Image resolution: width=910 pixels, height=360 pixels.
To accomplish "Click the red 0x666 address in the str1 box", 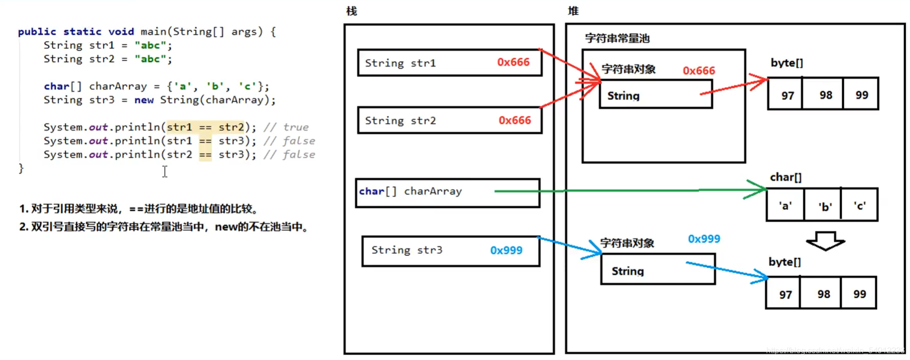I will [x=513, y=62].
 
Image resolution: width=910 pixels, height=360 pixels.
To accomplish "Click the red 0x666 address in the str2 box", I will [x=514, y=121].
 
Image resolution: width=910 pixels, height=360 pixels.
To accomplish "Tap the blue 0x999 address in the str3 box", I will [x=506, y=250].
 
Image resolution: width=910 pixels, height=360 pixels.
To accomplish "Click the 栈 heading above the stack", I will [x=351, y=11].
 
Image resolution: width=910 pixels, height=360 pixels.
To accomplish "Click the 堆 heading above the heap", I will [x=573, y=11].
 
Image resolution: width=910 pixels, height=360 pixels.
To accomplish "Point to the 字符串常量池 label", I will [x=617, y=38].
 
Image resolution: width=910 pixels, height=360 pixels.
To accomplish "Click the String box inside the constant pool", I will [x=656, y=95].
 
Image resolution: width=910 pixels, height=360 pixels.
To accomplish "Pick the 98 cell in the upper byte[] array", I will [x=825, y=95].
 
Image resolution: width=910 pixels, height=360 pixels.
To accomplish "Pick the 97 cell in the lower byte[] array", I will [x=785, y=295].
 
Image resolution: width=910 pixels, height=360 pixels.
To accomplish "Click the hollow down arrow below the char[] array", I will [x=825, y=241].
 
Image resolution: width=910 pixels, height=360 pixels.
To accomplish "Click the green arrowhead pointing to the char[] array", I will [x=756, y=189].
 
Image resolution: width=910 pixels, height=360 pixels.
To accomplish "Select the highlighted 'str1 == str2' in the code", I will [x=205, y=127].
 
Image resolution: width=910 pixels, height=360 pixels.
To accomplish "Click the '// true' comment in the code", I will [x=285, y=127].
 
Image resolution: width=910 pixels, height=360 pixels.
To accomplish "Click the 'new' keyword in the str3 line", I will [x=143, y=100].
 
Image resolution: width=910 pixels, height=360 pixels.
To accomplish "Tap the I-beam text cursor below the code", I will [x=165, y=172].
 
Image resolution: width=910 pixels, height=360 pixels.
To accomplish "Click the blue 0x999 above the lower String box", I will [x=703, y=239].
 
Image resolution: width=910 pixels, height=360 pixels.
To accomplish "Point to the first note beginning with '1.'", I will [x=139, y=209].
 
